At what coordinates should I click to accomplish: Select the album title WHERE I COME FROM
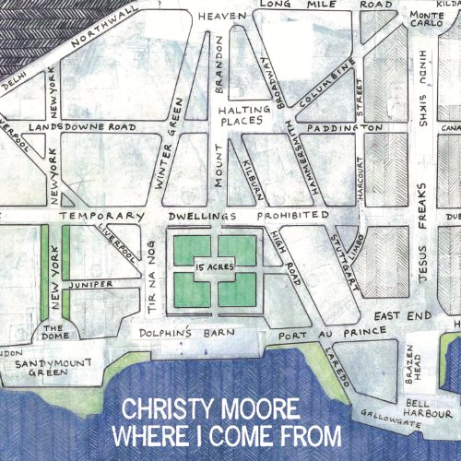coord(226,434)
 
